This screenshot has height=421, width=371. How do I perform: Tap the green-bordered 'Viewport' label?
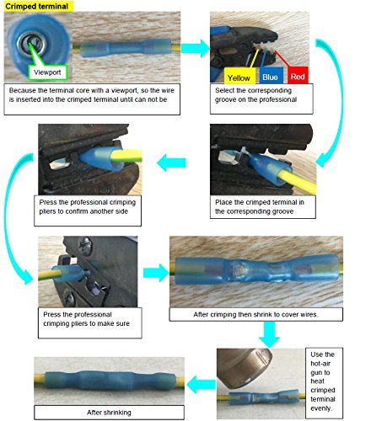(x=47, y=72)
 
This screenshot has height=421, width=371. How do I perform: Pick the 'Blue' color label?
(x=271, y=76)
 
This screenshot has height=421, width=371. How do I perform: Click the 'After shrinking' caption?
(x=109, y=413)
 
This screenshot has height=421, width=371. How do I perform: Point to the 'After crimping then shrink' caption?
(x=255, y=314)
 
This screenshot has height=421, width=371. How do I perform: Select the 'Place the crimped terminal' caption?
(x=263, y=206)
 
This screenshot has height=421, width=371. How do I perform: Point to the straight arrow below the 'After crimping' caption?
(x=269, y=334)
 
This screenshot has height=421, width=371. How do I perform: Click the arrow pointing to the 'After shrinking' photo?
(x=202, y=385)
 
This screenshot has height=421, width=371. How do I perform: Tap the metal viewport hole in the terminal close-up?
(x=31, y=43)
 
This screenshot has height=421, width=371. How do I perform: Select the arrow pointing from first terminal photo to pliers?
(x=196, y=48)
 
